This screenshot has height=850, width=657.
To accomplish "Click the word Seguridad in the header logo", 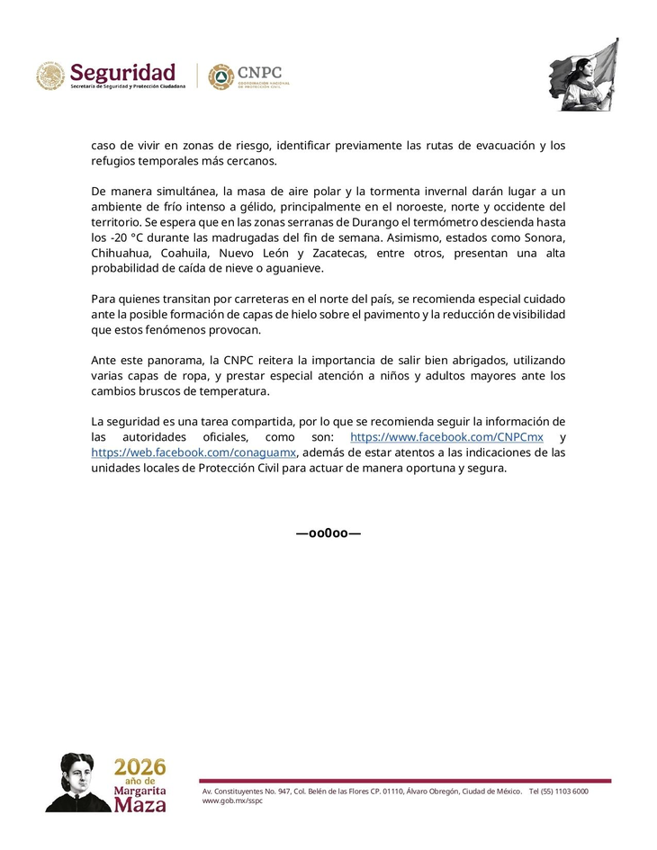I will [x=122, y=71].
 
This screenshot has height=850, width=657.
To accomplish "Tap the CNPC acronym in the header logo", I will [x=260, y=72].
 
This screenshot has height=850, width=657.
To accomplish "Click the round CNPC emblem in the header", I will [x=220, y=76].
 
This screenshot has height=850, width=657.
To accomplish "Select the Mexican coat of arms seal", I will [x=50, y=76].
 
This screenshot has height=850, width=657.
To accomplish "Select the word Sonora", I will [x=544, y=237].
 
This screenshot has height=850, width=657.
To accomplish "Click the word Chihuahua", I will [x=120, y=254].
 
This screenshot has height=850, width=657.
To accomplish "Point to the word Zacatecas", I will [x=339, y=254].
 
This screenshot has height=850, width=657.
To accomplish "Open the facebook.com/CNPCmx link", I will [x=446, y=437].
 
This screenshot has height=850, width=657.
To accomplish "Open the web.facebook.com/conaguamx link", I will [x=193, y=452].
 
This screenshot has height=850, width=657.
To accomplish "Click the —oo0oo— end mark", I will [x=328, y=533].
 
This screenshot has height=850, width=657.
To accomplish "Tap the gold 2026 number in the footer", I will [x=140, y=767].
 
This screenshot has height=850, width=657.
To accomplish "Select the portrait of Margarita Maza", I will [x=79, y=783].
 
